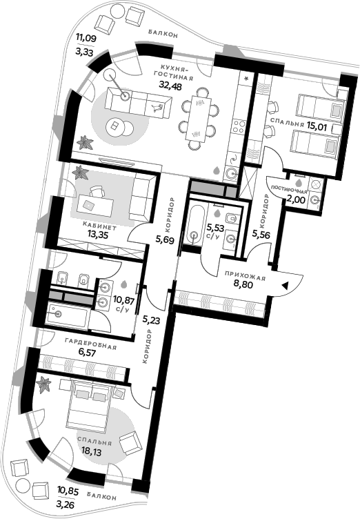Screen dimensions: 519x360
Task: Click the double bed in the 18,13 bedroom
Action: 92,408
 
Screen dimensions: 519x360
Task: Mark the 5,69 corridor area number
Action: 166,240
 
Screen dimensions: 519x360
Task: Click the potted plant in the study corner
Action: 80,172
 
